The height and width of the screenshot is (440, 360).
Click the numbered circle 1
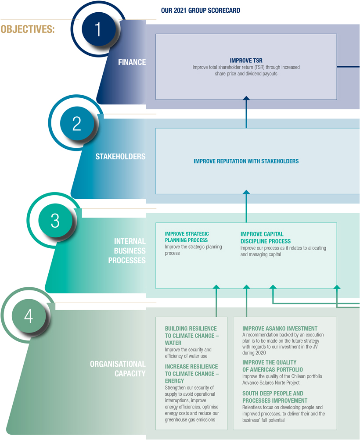tap(97, 29)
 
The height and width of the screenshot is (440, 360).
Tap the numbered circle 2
tap(77, 124)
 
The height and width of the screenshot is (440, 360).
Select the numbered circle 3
tap(55, 220)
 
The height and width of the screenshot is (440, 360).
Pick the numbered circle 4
tap(29, 316)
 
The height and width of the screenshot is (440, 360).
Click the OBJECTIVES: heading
tap(28, 30)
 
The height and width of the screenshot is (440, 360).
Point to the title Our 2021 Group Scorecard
tap(201, 11)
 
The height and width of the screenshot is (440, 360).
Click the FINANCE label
tap(132, 62)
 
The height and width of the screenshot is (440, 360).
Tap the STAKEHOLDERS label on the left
tap(120, 157)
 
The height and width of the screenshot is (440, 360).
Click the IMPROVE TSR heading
tap(246, 61)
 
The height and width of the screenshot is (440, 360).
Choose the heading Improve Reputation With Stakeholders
tap(246, 161)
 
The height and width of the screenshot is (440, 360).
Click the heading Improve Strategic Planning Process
tap(187, 237)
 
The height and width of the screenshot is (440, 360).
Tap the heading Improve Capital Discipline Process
tap(265, 238)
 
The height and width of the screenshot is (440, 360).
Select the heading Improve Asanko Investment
tap(280, 329)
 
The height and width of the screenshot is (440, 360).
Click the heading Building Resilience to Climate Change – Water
tap(192, 336)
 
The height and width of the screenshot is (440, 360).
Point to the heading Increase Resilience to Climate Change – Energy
tap(192, 374)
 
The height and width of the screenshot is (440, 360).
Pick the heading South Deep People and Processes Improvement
tap(275, 397)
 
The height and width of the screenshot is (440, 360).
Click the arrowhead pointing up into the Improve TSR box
tap(246, 99)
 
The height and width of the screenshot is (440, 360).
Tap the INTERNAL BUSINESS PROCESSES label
tap(130, 250)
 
